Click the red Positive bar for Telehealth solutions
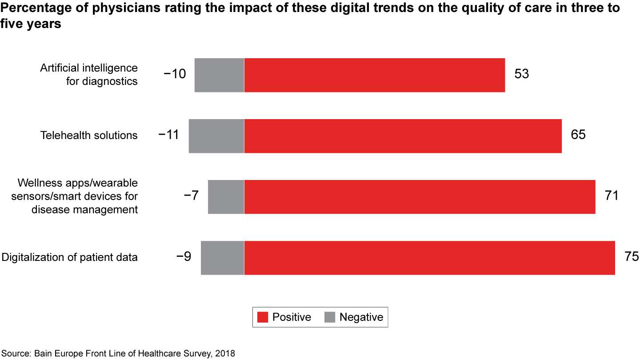tap(403, 136)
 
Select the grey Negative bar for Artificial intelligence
tap(219, 75)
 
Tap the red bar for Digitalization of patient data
tap(429, 258)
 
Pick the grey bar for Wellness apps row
tap(226, 197)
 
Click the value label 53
tap(522, 74)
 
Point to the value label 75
tap(631, 256)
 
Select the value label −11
tap(168, 135)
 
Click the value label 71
tap(612, 196)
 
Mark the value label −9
tap(184, 256)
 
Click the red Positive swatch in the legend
tap(263, 317)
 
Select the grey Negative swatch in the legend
tap(329, 317)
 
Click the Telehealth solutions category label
tap(89, 135)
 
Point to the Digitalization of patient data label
tap(69, 257)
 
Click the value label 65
tap(578, 135)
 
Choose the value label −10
tap(175, 74)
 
